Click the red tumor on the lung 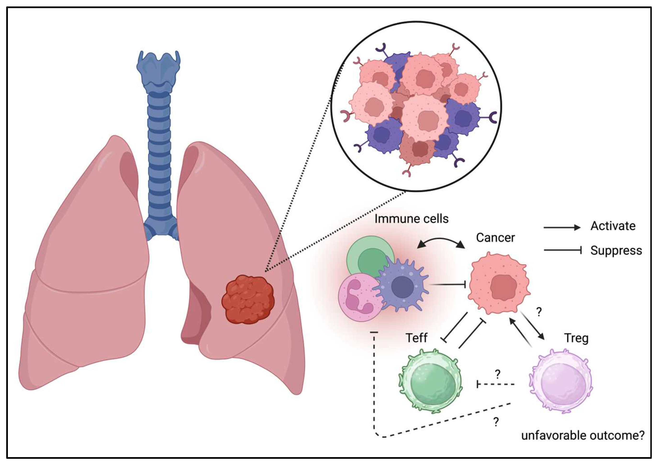[248, 299]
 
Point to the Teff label [416, 338]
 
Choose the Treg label [576, 338]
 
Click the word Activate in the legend [613, 226]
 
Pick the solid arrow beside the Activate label [562, 228]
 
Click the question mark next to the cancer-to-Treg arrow [539, 312]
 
